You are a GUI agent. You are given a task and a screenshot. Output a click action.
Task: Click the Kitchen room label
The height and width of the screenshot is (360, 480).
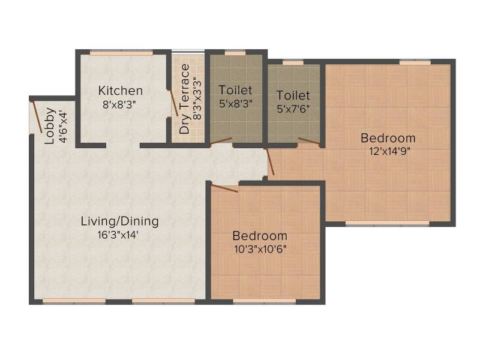point(121,91)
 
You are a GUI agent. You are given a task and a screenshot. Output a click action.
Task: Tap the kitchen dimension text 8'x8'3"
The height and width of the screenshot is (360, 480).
point(119,104)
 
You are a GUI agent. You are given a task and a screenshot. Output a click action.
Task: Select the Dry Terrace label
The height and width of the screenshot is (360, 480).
point(185,99)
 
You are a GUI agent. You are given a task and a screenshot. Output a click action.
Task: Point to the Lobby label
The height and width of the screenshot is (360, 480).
point(50,126)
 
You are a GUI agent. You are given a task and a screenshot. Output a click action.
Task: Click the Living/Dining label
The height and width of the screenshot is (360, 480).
point(119,221)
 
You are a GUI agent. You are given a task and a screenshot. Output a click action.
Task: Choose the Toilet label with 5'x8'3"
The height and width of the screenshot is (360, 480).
point(235,90)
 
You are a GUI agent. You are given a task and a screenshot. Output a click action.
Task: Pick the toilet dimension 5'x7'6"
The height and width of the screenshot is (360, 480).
point(293,109)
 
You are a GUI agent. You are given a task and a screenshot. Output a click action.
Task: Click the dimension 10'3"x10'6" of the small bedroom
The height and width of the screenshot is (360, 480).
point(260,249)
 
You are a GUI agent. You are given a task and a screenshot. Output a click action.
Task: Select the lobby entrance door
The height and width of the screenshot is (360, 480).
point(37,117)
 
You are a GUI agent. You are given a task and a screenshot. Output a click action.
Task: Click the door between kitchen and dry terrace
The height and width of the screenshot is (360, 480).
point(173,103)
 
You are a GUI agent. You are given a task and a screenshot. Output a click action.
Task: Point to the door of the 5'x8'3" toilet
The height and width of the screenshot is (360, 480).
point(221,141)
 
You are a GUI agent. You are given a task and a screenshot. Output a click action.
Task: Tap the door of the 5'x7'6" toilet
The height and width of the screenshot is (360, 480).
point(309,141)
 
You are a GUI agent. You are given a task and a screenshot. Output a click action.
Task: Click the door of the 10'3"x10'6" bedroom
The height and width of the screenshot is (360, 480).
point(224,188)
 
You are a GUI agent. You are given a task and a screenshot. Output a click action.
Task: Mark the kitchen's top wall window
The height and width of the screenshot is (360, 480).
point(122,53)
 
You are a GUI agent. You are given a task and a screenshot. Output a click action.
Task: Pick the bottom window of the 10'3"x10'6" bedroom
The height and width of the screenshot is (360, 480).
point(265,301)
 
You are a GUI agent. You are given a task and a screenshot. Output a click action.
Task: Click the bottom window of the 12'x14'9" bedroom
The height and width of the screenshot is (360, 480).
point(387,223)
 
